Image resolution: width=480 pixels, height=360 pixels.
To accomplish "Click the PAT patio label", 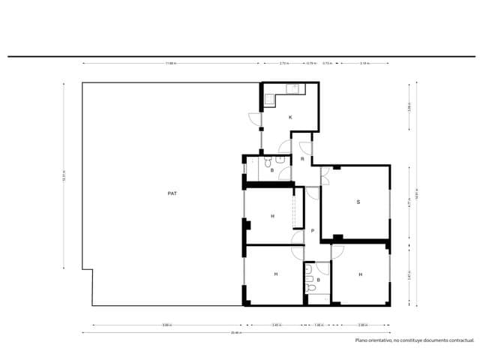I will tap(172, 193).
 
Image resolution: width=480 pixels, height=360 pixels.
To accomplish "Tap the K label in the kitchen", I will tap(290, 118).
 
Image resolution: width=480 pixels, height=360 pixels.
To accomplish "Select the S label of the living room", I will tap(358, 202).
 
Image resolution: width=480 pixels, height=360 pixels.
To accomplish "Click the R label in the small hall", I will tap(301, 159).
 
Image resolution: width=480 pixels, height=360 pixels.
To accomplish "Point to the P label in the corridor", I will tap(312, 231).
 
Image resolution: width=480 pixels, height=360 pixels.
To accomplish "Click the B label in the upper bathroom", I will tap(271, 171).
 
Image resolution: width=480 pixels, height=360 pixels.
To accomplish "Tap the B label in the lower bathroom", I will tap(318, 280).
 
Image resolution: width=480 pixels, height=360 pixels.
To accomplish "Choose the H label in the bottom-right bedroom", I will tap(360, 274).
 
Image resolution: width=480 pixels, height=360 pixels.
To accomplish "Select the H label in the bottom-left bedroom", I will tap(275, 274).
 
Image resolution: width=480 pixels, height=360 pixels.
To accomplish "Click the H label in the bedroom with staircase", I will tap(272, 217).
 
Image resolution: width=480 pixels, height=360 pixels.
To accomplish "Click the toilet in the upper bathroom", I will tap(279, 159).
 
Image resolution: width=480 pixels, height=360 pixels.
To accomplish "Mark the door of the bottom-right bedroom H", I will tap(336, 249).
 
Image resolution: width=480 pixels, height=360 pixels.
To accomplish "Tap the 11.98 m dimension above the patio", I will tap(171, 64).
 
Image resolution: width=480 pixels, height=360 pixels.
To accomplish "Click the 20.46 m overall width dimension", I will tap(235, 332).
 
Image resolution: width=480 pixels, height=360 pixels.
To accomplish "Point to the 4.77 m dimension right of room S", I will tap(409, 202).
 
